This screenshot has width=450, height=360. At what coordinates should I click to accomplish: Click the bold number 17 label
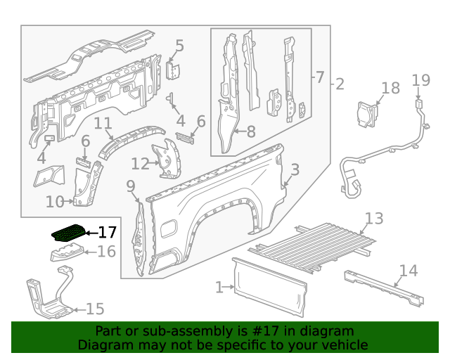pyautogui.click(x=108, y=232)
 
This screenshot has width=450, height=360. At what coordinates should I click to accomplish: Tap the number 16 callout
pyautogui.click(x=106, y=252)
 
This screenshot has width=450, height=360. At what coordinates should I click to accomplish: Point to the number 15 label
pyautogui.click(x=95, y=309)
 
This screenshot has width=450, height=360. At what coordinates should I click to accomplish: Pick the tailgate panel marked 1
pyautogui.click(x=270, y=287)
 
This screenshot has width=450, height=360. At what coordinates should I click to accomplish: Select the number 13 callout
pyautogui.click(x=374, y=219)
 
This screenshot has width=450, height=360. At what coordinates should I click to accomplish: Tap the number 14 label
pyautogui.click(x=408, y=271)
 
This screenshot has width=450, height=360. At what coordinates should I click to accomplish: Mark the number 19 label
pyautogui.click(x=420, y=80)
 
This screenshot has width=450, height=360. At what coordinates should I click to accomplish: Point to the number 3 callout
pyautogui.click(x=295, y=169)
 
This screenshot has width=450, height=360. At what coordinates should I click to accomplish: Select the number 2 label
pyautogui.click(x=340, y=84)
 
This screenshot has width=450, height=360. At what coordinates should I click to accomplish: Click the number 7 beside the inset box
pyautogui.click(x=319, y=77)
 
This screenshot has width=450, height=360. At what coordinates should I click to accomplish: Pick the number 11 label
pyautogui.click(x=103, y=124)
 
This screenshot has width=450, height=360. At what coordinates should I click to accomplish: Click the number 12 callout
pyautogui.click(x=140, y=165)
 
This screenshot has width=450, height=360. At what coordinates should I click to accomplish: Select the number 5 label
pyautogui.click(x=179, y=46)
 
